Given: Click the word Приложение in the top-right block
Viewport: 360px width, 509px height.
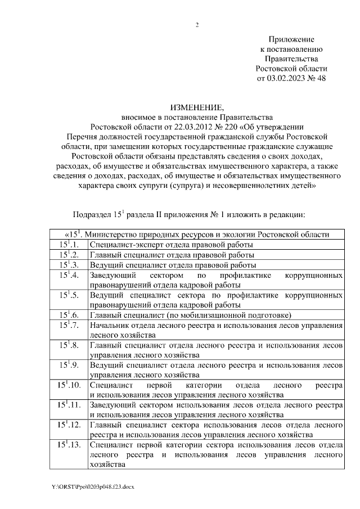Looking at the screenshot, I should (x=291, y=38).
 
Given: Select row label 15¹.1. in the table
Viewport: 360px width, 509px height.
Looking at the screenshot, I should (x=70, y=245).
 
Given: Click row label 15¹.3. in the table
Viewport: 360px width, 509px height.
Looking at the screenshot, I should (x=70, y=265).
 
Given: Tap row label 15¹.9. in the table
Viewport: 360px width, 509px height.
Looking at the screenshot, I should (x=70, y=366).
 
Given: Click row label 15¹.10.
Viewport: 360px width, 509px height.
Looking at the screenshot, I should (x=69, y=386).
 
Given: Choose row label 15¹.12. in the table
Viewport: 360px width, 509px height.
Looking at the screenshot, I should (x=69, y=425).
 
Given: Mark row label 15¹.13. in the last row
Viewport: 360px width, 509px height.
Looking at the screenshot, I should (x=69, y=445).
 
